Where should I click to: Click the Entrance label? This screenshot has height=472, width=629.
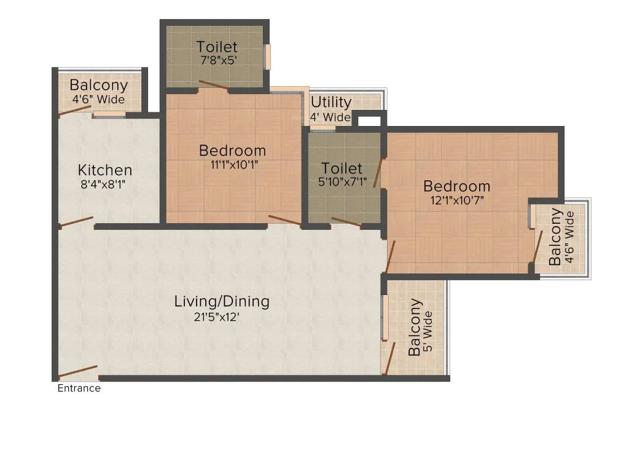79,388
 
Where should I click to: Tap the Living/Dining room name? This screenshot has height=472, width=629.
222,301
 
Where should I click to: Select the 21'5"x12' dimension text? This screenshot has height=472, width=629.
217,317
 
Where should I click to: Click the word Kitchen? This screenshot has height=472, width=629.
105,170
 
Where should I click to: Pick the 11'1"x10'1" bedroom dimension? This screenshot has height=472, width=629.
234,165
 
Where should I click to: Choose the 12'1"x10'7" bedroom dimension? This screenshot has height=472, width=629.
457,200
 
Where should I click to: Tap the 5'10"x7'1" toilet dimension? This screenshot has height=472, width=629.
343,182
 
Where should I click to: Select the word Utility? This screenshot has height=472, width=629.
331,103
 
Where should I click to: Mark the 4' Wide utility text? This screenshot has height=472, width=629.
330,117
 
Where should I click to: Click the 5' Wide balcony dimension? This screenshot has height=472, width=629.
428,331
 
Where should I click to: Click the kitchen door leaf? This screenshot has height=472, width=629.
77,221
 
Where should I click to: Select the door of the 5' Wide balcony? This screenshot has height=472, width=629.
389,358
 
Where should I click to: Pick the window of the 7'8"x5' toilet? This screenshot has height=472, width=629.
268,56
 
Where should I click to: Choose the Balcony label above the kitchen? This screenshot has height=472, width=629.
99,85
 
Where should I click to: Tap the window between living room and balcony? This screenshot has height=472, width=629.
385,318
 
